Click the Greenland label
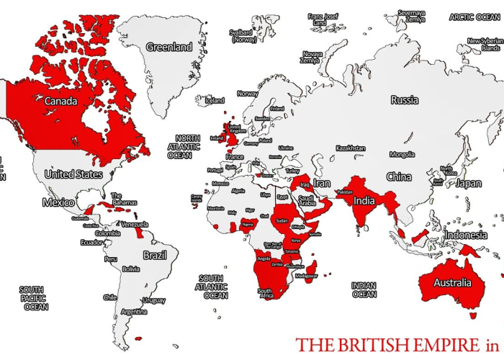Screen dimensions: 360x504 tap(169, 47)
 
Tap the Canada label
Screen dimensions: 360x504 tap(60, 102)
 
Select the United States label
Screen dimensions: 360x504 tap(73, 174)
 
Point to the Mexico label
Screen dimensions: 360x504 tap(58, 202)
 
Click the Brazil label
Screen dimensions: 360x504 tap(155, 256)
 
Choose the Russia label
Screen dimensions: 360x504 tap(404, 100)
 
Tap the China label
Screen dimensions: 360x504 tap(399, 176)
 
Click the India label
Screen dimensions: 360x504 tap(364, 201)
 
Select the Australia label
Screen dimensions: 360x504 tap(452, 283)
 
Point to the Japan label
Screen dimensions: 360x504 tap(469, 184)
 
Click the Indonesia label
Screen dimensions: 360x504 tap(466, 235)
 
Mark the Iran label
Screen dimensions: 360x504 tap(322, 184)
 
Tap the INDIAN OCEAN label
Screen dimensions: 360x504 tap(364, 290)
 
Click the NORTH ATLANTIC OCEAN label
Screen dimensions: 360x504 tap(188, 146)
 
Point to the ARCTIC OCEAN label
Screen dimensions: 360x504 tap(474, 17)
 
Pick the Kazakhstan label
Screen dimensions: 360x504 tap(351, 148)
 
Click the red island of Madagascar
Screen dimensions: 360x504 tap(311, 273)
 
